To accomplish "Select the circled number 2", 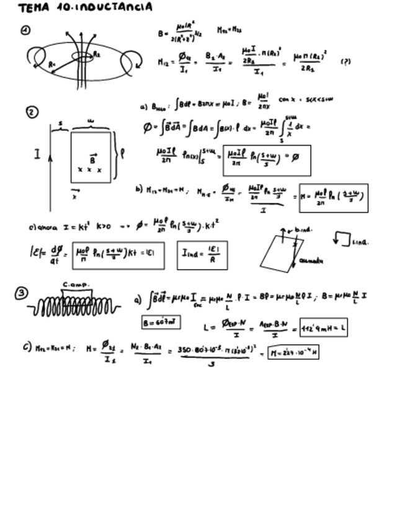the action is (x=32, y=112).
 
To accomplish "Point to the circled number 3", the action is (x=22, y=293).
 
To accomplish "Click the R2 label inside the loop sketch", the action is (x=97, y=55).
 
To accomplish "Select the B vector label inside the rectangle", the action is (x=92, y=158).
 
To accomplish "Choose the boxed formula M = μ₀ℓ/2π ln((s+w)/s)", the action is (x=333, y=198).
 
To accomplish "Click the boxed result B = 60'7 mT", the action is (x=161, y=323).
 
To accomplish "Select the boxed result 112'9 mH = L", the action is (x=323, y=326).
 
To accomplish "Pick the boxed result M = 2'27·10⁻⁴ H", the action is (x=293, y=353).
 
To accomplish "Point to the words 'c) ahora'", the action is (x=42, y=228).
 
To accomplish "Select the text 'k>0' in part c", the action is (x=104, y=227).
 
